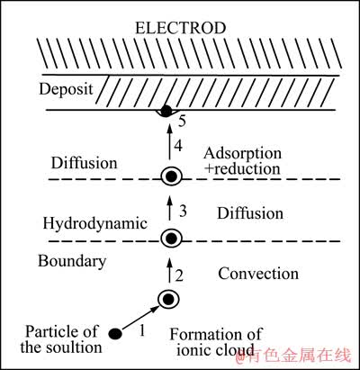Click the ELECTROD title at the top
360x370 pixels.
(180, 28)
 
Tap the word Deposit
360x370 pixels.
(66, 89)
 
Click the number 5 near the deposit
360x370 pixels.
(182, 121)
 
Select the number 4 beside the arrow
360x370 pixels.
(178, 146)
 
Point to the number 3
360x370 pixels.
(183, 211)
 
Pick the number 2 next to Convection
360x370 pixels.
(179, 275)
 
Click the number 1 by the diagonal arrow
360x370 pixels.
(142, 330)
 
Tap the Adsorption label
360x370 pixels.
(242, 154)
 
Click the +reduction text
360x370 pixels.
(242, 168)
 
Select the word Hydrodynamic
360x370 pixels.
(95, 224)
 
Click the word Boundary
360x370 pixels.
(72, 261)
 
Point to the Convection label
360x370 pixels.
(258, 274)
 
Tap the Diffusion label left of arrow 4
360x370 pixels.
(84, 163)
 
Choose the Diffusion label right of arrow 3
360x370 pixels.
(250, 213)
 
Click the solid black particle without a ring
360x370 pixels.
(115, 333)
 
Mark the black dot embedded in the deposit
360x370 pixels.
(165, 111)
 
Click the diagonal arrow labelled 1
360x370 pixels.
(139, 318)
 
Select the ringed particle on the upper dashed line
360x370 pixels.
(171, 176)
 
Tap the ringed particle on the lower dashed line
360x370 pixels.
(171, 239)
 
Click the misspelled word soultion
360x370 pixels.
(74, 347)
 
